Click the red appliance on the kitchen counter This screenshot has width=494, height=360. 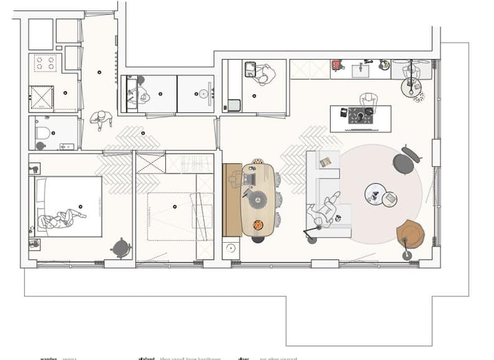[x=337, y=66]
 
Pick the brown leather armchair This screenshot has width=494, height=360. [x=410, y=234]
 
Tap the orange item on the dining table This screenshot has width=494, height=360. [x=258, y=225]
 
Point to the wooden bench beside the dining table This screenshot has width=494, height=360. [x=232, y=200]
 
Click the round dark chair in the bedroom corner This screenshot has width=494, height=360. [x=122, y=247]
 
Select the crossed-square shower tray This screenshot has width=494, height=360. [x=42, y=99]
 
